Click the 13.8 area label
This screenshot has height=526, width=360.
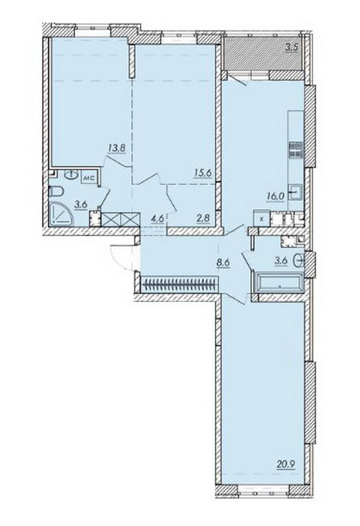pos(117,147)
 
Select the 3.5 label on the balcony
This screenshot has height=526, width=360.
pos(291,47)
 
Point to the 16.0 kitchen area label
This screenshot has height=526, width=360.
pos(276,196)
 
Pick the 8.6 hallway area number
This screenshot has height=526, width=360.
pos(223,262)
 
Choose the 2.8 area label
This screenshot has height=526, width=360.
pos(204,218)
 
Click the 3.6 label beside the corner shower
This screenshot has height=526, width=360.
pos(81,205)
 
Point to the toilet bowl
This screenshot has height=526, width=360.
pos(56,192)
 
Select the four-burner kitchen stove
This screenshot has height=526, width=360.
pos(296,149)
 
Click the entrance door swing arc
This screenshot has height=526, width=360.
pos(116,259)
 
